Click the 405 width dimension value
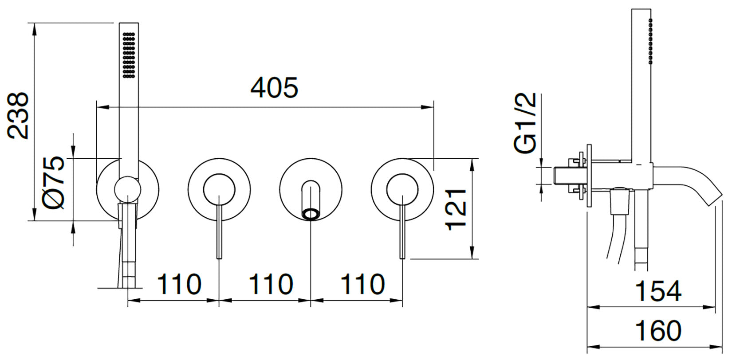pos(274,87)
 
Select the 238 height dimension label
pos(18,116)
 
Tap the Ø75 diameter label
pos(54,183)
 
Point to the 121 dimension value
pos(456,210)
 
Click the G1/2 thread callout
pos(525,123)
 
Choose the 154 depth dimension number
pos(658,291)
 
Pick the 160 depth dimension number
pos(658,331)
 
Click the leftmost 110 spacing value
pos(179,284)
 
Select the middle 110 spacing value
pos(271,284)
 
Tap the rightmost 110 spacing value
pos(362,284)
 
